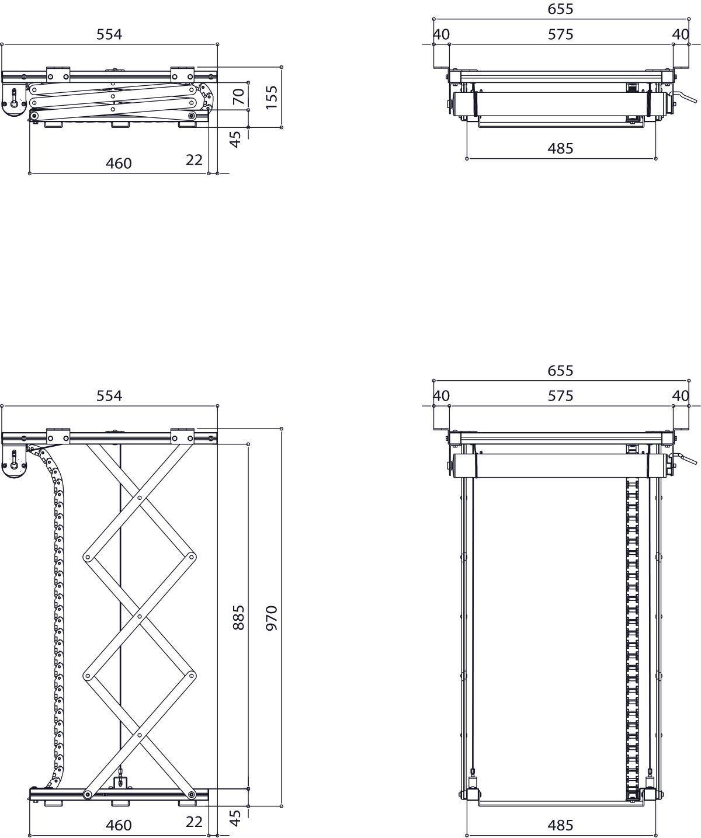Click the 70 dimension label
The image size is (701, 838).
coord(238,96)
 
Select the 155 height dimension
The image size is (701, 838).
coord(271,98)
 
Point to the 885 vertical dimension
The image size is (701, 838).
coord(238,617)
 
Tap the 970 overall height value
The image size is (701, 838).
coord(271,617)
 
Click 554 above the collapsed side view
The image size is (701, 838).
coord(109,34)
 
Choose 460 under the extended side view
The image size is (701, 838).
coord(119,825)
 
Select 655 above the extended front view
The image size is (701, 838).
coord(560,370)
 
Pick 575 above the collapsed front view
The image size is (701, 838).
coord(560,34)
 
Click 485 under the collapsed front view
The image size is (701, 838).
coord(560,148)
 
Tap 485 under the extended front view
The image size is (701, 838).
coord(560,825)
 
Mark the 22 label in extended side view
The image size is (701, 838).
coord(194,822)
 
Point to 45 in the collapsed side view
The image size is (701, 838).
coord(235,139)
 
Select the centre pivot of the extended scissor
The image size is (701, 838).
coord(140,616)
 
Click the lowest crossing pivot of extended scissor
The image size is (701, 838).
coord(140,734)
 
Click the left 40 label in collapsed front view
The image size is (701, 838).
coord(441,34)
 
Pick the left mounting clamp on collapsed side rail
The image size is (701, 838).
coord(58,75)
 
